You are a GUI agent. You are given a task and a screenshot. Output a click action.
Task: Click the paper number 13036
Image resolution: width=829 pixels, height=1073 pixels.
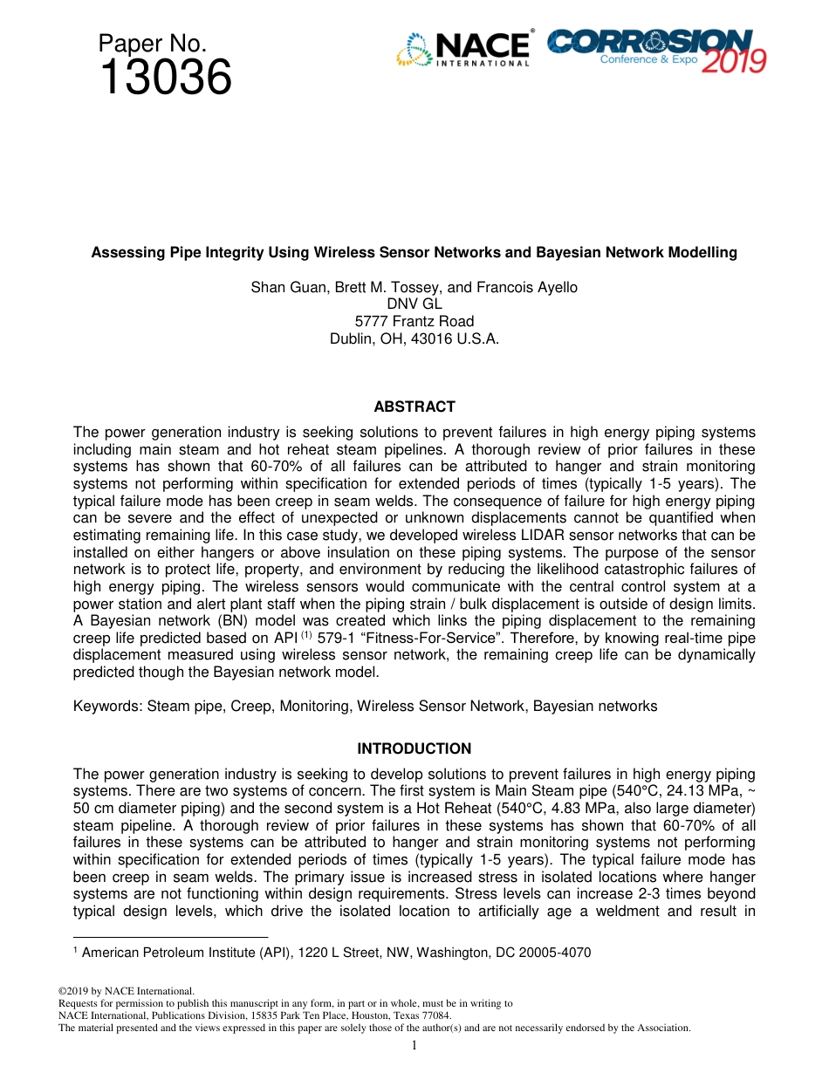click(x=166, y=79)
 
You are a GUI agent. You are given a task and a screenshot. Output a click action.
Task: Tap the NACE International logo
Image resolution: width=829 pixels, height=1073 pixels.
click(x=463, y=49)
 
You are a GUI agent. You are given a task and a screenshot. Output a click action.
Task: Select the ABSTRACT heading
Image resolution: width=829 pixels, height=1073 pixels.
click(x=414, y=407)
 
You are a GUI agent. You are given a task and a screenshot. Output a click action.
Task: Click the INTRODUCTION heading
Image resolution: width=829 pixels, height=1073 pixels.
click(x=414, y=748)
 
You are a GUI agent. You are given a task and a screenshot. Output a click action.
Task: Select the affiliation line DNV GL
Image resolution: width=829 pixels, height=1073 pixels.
click(x=414, y=304)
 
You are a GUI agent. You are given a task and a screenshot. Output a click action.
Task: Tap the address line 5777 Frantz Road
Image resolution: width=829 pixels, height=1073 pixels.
click(x=414, y=321)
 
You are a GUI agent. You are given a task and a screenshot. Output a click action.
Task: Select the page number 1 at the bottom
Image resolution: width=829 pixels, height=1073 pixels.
click(x=414, y=1045)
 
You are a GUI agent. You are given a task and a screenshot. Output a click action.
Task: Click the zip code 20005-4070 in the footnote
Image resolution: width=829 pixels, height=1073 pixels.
click(x=557, y=953)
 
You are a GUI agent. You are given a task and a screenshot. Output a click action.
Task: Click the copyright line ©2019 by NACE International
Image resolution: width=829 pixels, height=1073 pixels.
click(x=126, y=991)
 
